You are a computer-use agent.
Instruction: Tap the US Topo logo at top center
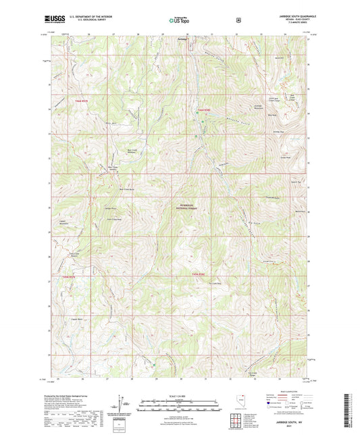tap(179, 20)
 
